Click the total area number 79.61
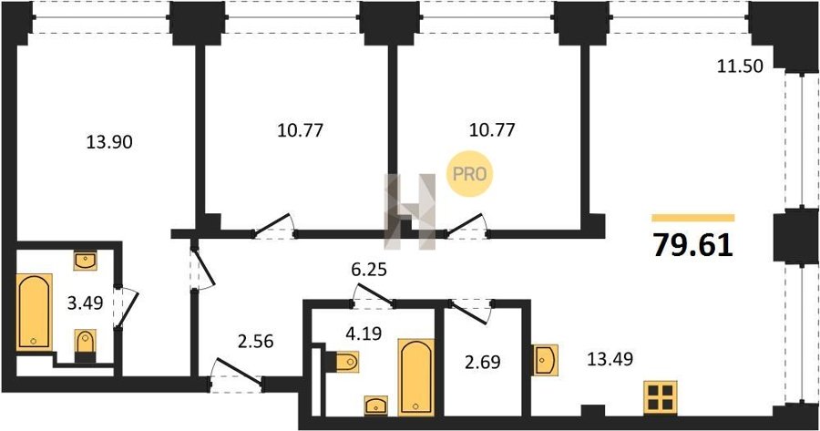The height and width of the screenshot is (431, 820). (x=693, y=244)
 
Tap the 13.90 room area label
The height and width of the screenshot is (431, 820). (x=109, y=141)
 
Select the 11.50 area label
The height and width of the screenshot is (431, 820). (x=740, y=67)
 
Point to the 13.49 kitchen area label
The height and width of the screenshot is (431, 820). (x=610, y=359)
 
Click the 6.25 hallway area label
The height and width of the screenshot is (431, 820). (x=369, y=271)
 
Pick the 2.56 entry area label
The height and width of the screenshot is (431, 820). (x=255, y=342)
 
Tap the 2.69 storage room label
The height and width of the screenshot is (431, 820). (x=483, y=362)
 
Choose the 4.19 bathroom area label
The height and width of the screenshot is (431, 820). (x=364, y=334)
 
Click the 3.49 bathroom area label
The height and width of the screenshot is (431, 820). (x=86, y=303)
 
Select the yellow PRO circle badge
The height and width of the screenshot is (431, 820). (x=469, y=174)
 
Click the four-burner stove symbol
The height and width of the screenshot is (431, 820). (x=661, y=397)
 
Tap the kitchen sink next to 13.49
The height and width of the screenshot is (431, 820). (x=545, y=359)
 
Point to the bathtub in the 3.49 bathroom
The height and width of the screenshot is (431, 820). (x=35, y=312)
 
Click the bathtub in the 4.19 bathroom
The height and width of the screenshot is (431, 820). (x=416, y=377)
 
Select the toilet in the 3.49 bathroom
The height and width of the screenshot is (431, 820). (x=86, y=345)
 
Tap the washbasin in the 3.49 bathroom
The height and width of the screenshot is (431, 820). (x=86, y=261)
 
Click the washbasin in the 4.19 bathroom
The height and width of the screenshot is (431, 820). (x=375, y=405)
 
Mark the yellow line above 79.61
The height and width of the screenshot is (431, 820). (x=693, y=218)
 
